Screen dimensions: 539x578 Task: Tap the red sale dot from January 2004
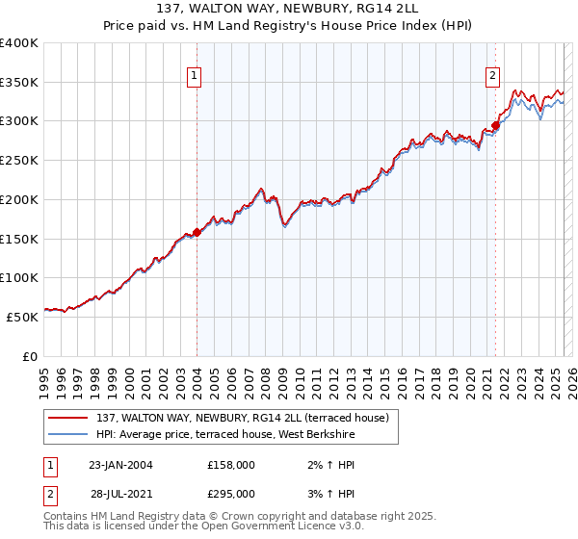point(197,232)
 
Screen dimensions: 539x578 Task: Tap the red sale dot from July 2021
point(495,125)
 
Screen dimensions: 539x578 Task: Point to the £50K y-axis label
point(22,316)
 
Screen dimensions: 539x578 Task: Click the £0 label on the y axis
point(30,355)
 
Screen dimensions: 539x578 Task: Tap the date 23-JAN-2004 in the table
point(119,464)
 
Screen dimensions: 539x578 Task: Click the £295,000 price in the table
point(231,493)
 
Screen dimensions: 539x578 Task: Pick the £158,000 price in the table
point(231,464)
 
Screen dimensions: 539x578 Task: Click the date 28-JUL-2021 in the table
point(119,493)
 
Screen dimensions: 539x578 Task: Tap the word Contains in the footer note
point(67,517)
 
